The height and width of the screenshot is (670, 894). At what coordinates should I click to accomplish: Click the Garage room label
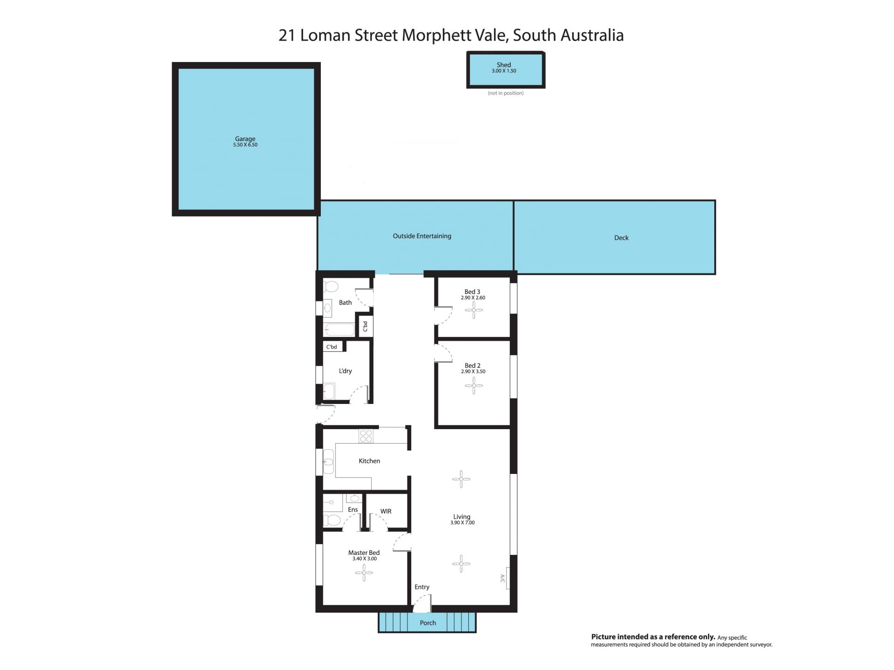point(245,138)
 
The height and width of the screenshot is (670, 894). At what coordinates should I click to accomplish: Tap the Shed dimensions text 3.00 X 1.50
point(504,71)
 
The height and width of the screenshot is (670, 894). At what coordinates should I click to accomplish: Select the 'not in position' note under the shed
point(506,93)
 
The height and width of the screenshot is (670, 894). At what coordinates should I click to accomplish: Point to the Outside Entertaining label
point(422,236)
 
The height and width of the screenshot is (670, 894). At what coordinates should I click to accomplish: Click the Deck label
point(621,238)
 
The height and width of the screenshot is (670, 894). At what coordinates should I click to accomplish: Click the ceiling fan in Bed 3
point(474,310)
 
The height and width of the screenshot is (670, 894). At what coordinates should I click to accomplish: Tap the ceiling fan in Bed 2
point(474,385)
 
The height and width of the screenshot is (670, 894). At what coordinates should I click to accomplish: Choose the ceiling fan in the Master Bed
point(364,573)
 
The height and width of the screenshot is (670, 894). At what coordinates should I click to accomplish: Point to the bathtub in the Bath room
point(339,329)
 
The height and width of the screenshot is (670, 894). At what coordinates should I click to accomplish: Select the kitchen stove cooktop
point(366,436)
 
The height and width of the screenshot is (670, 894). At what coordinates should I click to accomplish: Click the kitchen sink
point(328,462)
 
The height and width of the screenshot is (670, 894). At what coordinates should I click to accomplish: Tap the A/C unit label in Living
point(502,578)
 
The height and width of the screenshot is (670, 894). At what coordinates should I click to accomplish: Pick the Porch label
point(428,622)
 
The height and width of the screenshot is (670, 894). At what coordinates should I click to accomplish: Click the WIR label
point(386,511)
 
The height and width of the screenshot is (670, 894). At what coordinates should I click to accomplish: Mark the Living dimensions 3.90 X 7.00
point(462,523)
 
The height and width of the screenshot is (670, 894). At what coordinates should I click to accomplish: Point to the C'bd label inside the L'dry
point(332,347)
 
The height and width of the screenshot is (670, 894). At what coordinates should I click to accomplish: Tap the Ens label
point(353,509)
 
